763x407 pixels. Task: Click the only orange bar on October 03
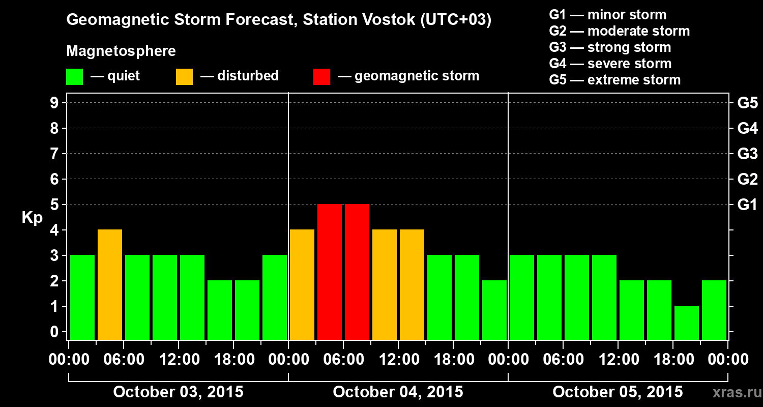[x=110, y=284]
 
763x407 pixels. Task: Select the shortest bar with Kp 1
[x=687, y=323]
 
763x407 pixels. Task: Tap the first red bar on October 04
[x=330, y=272]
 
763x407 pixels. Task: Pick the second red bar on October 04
[x=357, y=272]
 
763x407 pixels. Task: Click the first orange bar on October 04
[x=302, y=284]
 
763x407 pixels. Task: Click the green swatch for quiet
[x=74, y=76]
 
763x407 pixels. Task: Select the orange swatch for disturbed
[x=184, y=76]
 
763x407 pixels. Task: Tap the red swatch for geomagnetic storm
[x=321, y=76]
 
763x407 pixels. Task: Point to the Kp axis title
[x=32, y=218]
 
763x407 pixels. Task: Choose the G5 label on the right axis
[x=747, y=103]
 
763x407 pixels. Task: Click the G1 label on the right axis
[x=747, y=205]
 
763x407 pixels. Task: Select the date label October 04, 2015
[x=398, y=392]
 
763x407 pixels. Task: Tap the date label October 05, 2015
[x=618, y=392]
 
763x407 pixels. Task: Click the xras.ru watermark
[x=734, y=393]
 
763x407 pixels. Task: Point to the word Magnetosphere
[x=121, y=51]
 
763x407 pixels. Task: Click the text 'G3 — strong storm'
[x=610, y=47]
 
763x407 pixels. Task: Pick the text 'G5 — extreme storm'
[x=614, y=80]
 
